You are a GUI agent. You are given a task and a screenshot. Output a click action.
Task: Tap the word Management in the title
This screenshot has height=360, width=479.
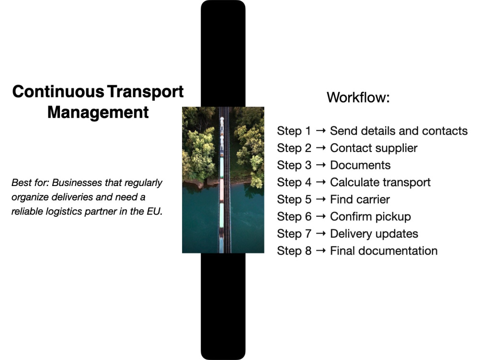(x=98, y=113)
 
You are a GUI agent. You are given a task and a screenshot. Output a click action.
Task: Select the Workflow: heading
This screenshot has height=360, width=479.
(x=358, y=97)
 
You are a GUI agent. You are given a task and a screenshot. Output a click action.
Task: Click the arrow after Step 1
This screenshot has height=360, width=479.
(x=321, y=131)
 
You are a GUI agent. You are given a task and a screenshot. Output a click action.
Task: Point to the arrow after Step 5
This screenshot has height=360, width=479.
(x=321, y=199)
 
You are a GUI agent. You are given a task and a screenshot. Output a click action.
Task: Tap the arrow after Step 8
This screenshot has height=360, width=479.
(x=321, y=251)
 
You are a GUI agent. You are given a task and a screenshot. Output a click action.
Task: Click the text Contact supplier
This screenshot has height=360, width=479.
(x=374, y=148)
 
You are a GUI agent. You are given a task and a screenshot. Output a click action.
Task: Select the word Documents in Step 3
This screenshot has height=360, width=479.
(x=360, y=165)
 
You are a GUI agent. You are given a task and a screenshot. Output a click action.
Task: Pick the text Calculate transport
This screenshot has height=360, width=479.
(x=380, y=183)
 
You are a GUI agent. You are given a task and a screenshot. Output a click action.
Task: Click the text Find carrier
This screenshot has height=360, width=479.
(x=360, y=199)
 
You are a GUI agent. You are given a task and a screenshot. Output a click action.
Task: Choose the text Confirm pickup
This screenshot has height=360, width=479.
(x=371, y=217)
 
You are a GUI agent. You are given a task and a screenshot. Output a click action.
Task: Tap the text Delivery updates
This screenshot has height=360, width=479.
(x=374, y=234)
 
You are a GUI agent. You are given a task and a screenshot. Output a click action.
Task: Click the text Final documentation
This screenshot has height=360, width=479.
(x=384, y=251)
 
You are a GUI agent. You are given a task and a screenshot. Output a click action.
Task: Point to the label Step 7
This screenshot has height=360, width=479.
(x=294, y=234)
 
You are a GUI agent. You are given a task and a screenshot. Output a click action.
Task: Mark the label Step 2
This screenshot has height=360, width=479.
(x=294, y=148)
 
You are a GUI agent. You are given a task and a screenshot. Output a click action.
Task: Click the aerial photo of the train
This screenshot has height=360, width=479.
(x=223, y=180)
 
